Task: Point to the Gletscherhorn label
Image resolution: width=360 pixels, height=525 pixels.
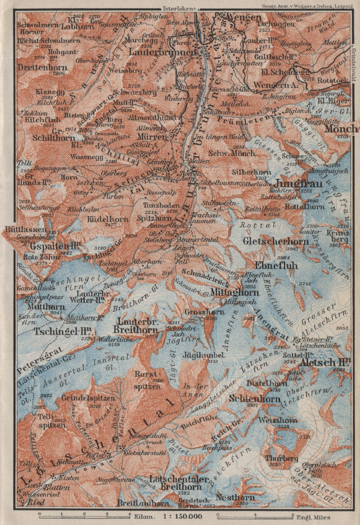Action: point(281,241)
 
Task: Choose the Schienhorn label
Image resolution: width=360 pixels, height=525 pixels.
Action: point(255,399)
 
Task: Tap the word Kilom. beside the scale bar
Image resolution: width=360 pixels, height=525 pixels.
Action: point(144,516)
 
